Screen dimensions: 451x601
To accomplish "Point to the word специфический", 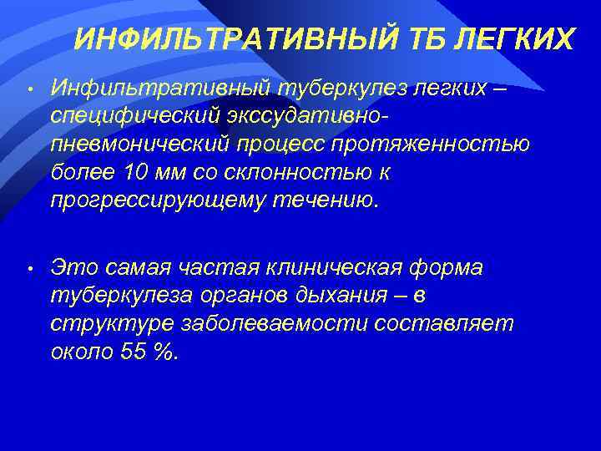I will [x=134, y=113].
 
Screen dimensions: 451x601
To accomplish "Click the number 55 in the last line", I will [x=131, y=352].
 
